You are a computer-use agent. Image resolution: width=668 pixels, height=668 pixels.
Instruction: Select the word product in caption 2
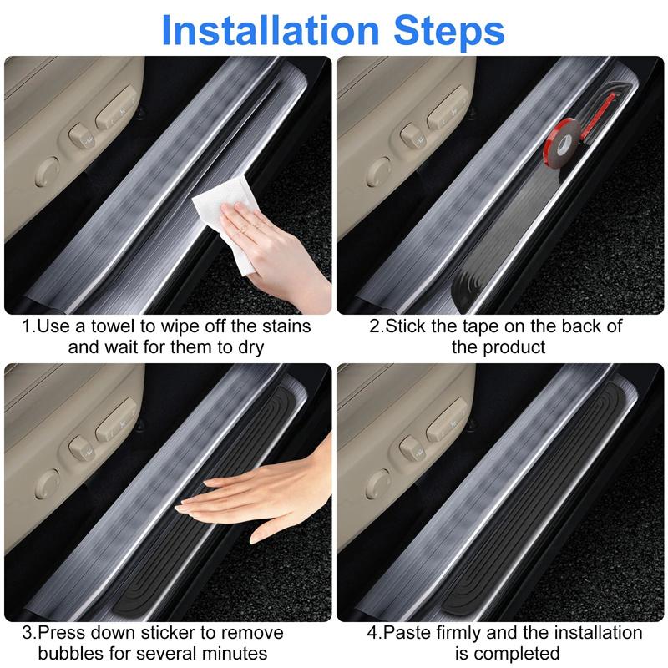pos(514,346)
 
